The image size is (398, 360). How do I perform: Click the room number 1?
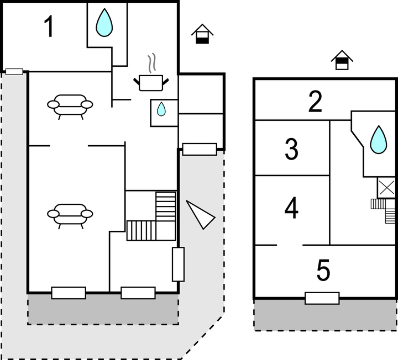point(49,27)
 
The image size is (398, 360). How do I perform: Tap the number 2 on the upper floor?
point(315,102)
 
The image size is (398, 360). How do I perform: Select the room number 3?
point(291,149)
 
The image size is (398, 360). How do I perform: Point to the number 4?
point(291,209)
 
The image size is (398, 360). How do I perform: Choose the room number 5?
point(323,271)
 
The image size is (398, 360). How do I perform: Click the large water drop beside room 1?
point(103,23)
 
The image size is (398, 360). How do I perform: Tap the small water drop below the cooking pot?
point(161,109)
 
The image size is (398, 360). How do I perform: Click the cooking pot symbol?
point(151,82)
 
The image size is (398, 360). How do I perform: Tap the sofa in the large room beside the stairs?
point(70,214)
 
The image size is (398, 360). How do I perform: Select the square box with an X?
point(386,188)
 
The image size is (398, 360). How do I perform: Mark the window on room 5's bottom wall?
point(322,298)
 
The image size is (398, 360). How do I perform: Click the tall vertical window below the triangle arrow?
point(178,264)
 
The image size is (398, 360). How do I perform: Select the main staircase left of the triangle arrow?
point(151,216)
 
